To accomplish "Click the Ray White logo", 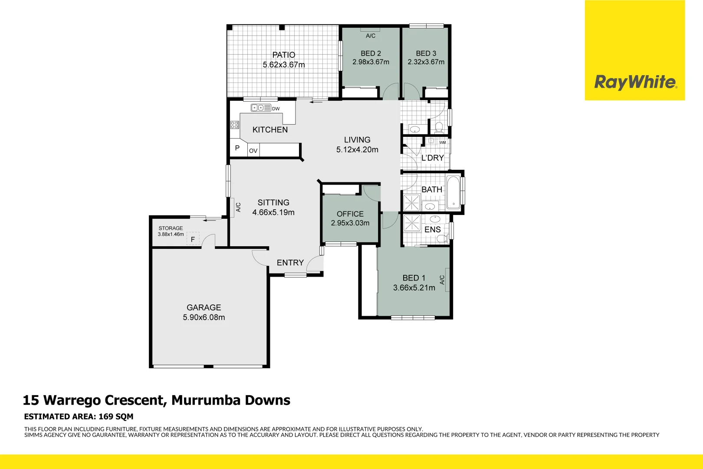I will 634,82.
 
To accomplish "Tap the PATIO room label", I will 283,55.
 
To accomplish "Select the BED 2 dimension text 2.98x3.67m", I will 371,62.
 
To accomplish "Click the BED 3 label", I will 426,53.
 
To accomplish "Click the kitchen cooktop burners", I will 235,125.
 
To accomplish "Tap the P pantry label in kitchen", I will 237,148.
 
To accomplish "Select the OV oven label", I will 253,151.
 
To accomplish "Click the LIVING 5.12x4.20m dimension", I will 357,150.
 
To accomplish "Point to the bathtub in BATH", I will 453,192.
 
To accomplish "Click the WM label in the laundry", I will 442,142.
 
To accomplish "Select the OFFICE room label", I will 350,214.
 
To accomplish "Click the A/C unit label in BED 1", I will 442,280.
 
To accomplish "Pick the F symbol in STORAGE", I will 193,239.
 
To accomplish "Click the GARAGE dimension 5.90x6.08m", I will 204,317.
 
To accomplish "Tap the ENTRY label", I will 290,263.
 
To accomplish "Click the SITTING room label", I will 273,202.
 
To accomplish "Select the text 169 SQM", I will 116,416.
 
